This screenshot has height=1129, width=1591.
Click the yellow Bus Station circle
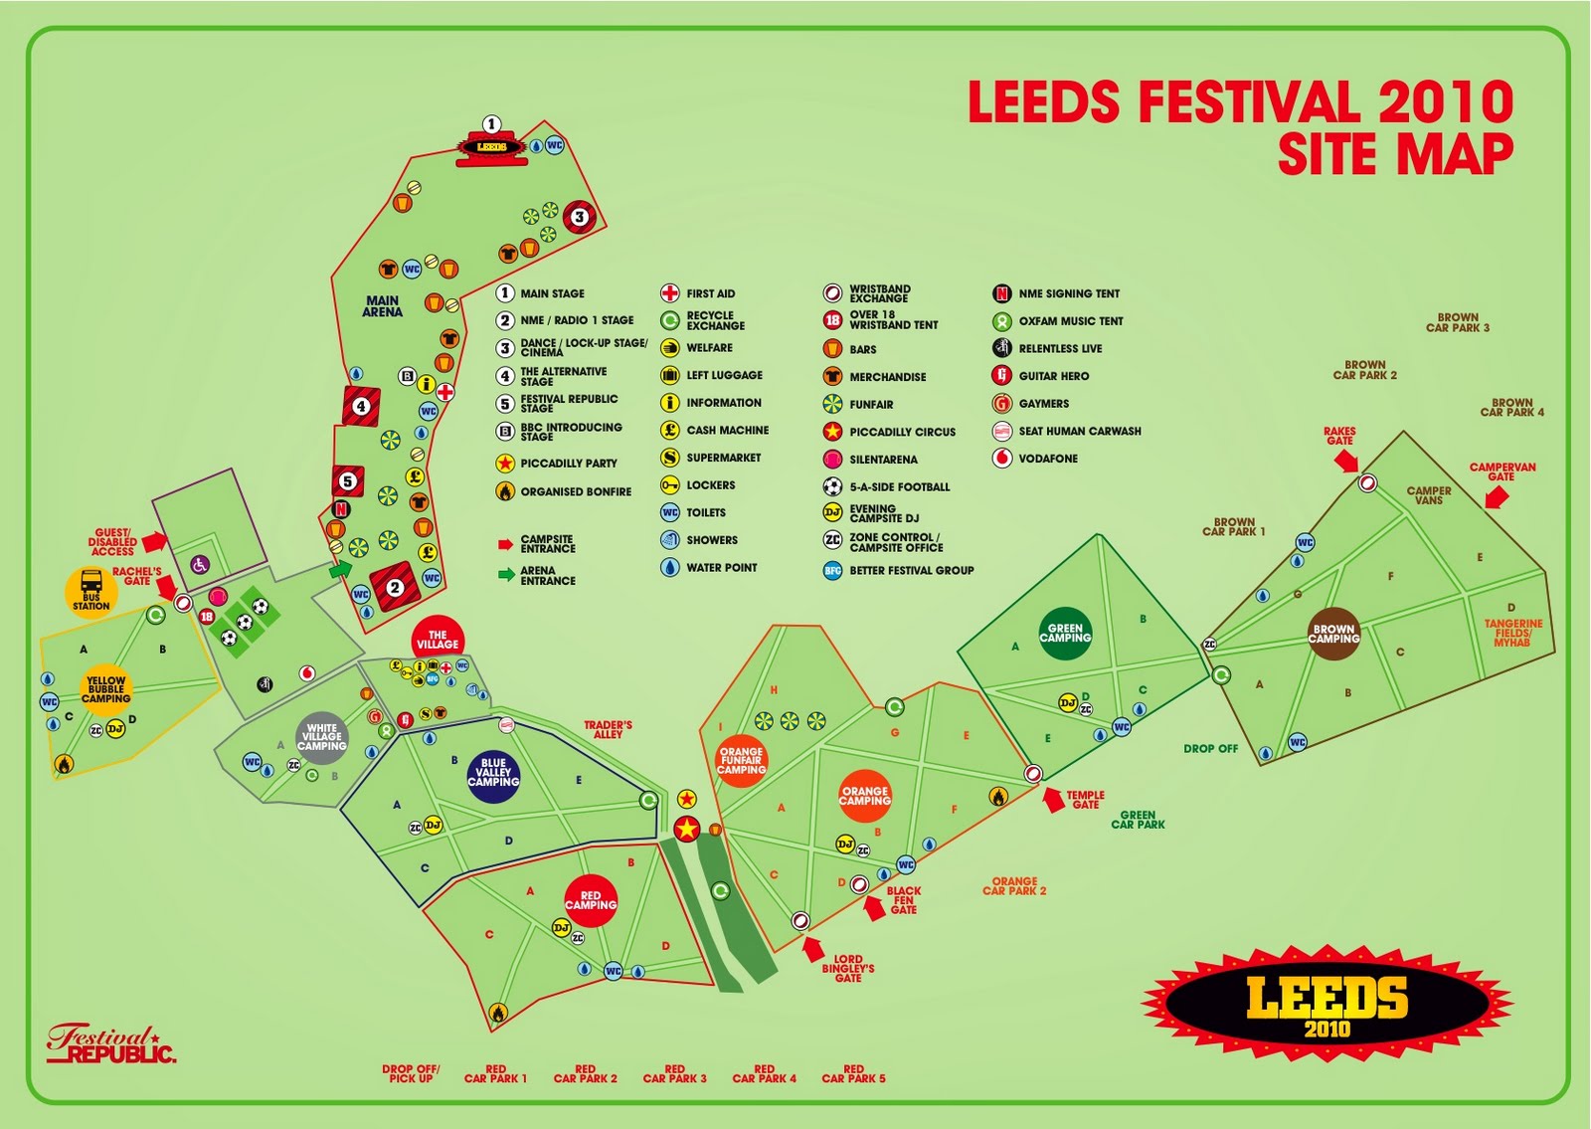click(91, 592)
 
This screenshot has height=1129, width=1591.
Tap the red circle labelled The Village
click(438, 640)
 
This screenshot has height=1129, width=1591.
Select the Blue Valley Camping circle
click(493, 772)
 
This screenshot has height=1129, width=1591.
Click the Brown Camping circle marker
click(1332, 634)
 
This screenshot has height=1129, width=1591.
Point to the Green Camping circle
click(1065, 633)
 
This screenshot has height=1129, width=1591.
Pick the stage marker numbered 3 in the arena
click(579, 216)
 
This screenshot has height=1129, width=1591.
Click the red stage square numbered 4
click(361, 406)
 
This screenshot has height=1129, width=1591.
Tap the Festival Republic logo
click(111, 1044)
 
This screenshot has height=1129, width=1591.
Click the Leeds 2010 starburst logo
click(1327, 1003)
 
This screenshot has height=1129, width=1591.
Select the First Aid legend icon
click(670, 293)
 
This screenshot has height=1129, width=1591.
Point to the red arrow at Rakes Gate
click(1346, 461)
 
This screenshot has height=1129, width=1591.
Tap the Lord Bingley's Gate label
click(848, 969)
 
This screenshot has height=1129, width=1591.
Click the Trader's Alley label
click(608, 729)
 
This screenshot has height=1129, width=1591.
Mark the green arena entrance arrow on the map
click(341, 570)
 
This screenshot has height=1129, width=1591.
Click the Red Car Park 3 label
click(674, 1073)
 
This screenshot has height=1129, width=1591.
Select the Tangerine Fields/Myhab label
click(1512, 633)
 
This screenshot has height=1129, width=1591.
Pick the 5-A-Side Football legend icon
click(832, 486)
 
